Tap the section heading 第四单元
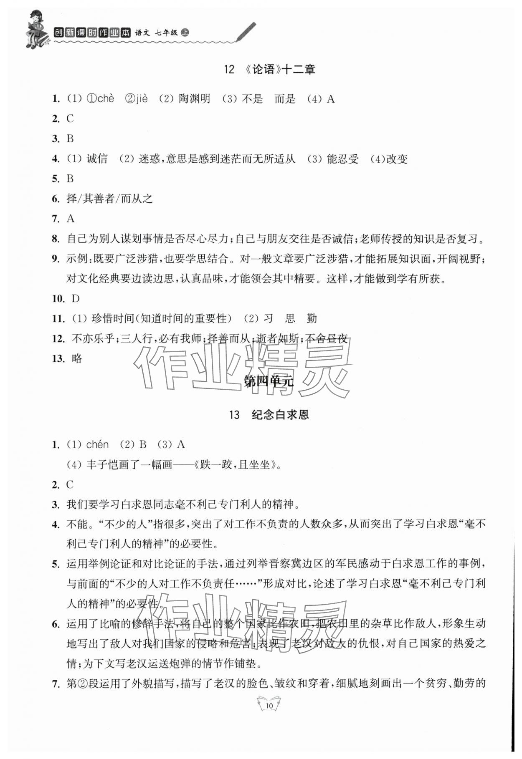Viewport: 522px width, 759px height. point(269,381)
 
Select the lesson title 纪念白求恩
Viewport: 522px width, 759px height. point(280,415)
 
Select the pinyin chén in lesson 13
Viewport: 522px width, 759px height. point(97,445)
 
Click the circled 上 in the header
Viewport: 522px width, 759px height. point(185,32)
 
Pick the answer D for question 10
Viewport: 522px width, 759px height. point(76,299)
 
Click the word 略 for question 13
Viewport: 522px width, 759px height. point(77,359)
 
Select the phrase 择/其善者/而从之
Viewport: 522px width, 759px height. point(109,199)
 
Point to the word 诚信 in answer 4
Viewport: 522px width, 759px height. point(97,159)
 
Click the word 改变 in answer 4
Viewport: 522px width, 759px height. point(397,159)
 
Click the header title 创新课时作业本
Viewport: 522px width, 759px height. point(92,33)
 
